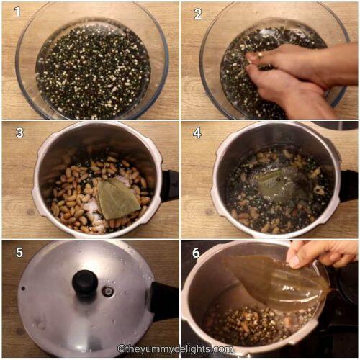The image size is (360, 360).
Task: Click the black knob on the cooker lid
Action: [x=84, y=282]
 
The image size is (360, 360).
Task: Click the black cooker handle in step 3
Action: [x=169, y=185]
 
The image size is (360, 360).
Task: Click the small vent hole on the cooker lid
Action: [x=108, y=292]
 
